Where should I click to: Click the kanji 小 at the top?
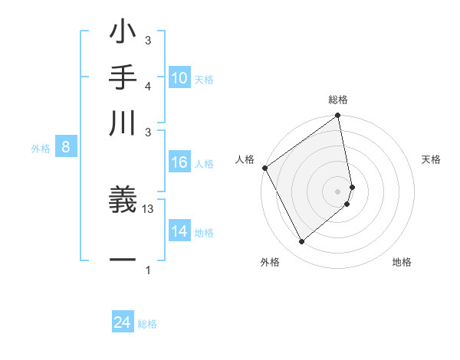[123, 34]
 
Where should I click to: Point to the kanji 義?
[123, 201]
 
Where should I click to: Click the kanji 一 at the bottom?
[123, 260]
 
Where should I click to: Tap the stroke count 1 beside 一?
[148, 270]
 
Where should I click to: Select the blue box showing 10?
[179, 78]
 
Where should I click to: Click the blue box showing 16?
[179, 162]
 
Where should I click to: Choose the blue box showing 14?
[179, 231]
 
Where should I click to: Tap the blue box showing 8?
[66, 148]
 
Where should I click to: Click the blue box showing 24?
[123, 323]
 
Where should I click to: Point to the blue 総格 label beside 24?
[147, 324]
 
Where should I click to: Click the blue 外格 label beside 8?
[41, 149]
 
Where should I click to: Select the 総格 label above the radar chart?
[338, 100]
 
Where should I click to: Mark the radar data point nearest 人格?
[264, 168]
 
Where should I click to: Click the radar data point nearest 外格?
[301, 242]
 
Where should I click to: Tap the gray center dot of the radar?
[337, 191]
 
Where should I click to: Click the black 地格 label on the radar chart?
[402, 262]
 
